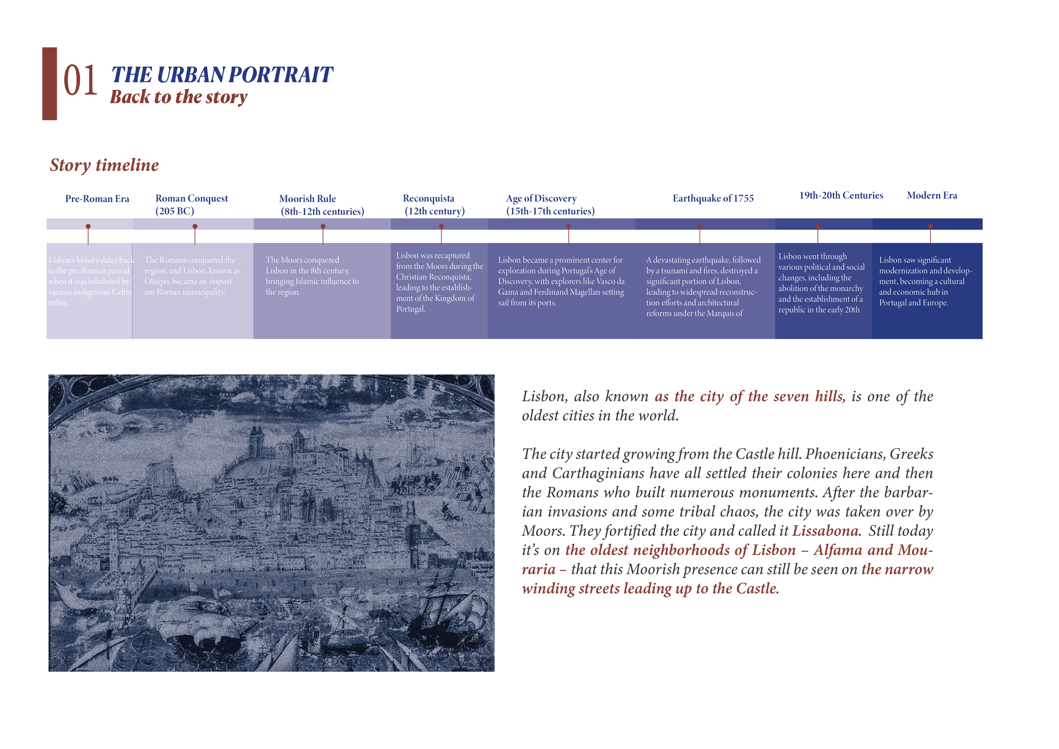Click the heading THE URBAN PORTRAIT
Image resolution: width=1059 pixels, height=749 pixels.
click(x=222, y=75)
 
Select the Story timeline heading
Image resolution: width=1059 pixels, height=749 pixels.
click(x=104, y=165)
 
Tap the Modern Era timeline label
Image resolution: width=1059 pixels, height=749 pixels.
click(x=932, y=196)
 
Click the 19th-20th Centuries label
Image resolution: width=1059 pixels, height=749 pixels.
click(x=841, y=196)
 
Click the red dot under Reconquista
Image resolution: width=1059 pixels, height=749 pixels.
click(x=441, y=227)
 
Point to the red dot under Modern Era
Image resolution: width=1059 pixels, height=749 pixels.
click(x=930, y=227)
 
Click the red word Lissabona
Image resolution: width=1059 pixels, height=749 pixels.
click(x=825, y=531)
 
